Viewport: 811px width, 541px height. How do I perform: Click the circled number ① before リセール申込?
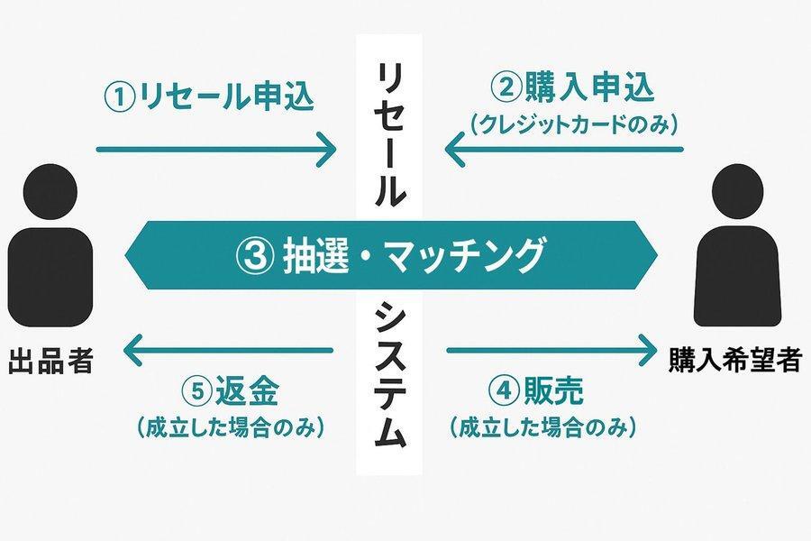120,96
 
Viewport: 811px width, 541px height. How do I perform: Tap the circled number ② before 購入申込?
506,87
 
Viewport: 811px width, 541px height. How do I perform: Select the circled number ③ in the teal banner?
255,256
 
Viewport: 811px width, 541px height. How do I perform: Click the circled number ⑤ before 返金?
198,391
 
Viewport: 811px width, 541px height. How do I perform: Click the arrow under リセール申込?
216,150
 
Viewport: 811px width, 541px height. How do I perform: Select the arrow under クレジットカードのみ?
564,150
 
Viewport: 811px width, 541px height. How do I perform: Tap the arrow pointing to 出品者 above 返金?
228,351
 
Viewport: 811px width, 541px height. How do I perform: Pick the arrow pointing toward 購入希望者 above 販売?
551,351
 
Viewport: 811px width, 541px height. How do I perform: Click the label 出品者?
50,361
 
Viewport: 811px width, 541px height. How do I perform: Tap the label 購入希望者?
735,359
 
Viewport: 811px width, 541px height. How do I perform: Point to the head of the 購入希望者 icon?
737,191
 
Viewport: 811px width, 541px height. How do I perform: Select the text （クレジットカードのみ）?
574,124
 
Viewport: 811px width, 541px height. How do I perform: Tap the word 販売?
553,390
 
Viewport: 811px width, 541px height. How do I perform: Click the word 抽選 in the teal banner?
315,256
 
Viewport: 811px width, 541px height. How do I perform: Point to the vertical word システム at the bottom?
390,375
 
